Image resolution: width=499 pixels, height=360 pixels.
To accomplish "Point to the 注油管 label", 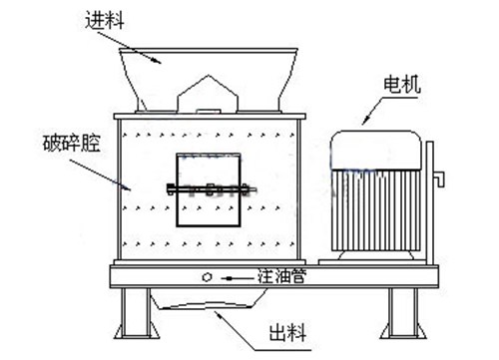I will (x=281, y=278).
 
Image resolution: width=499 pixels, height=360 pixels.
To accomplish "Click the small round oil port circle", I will (x=207, y=278).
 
